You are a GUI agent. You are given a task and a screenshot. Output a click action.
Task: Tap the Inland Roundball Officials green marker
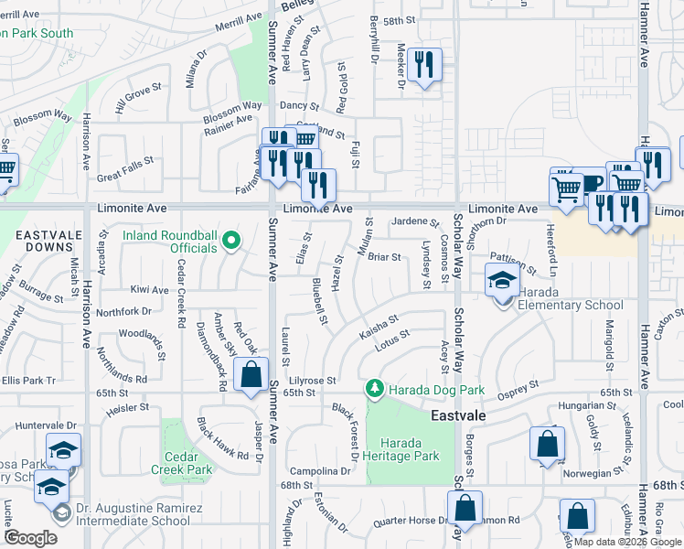pos(231,242)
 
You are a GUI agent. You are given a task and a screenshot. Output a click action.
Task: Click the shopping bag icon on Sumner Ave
pos(251,374)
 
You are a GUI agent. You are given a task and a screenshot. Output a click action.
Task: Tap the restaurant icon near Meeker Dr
pos(423,64)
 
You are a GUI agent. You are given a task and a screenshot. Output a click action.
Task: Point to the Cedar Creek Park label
pos(187,463)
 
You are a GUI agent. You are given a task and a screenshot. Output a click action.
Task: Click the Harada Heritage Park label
pos(402,448)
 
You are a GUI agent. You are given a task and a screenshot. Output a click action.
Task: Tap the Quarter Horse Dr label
pos(411,522)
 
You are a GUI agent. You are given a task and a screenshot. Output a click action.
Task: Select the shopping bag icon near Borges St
pos(546,445)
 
